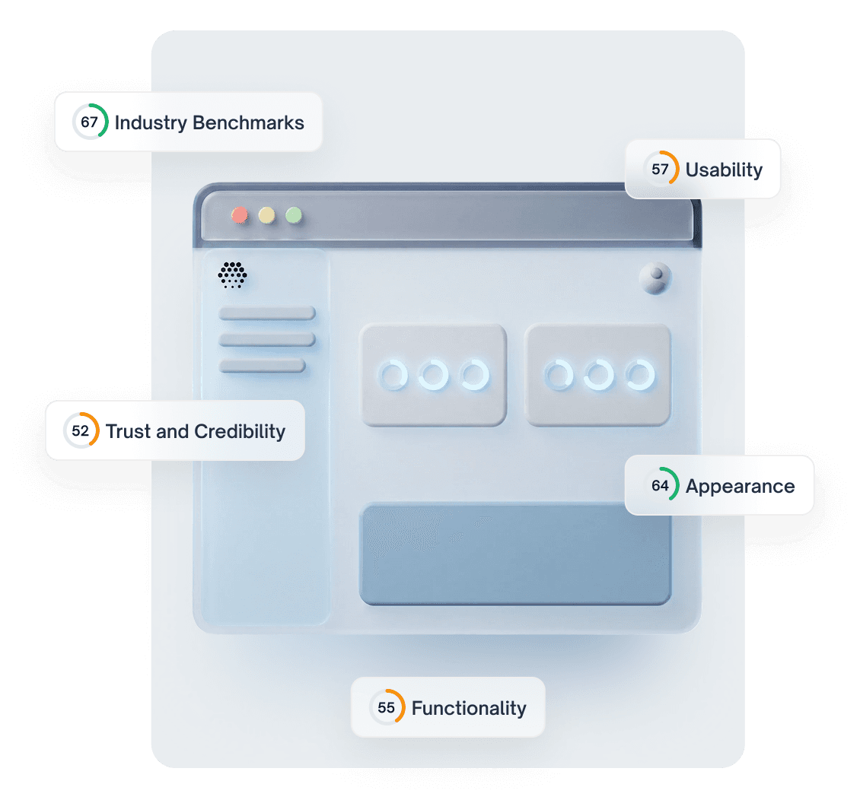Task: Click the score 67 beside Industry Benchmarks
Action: point(90,122)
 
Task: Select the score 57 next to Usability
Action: point(660,169)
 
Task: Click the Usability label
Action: point(724,170)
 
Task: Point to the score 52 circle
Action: point(81,431)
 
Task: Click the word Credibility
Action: point(240,432)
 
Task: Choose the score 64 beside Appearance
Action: point(660,486)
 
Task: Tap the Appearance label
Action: point(740,487)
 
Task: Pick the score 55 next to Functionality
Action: point(387,708)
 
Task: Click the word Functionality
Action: point(469,709)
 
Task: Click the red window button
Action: point(240,215)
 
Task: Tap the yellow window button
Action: point(266,215)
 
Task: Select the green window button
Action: point(294,215)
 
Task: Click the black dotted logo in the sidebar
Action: point(232,275)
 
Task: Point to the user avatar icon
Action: point(655,278)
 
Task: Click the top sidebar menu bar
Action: point(267,313)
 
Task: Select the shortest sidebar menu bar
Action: point(263,366)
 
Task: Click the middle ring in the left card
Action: point(433,376)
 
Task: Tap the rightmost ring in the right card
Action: point(639,376)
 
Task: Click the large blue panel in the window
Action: point(514,554)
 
